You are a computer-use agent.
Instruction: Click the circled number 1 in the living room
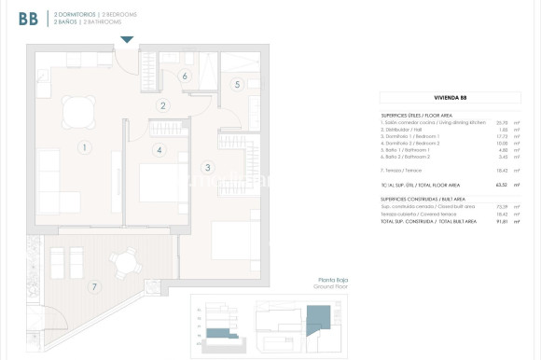[84, 147]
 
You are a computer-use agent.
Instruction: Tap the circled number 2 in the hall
[162, 105]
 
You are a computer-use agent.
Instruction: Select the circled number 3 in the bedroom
[208, 168]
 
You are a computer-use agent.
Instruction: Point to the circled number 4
[160, 149]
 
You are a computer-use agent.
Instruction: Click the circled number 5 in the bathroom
[237, 85]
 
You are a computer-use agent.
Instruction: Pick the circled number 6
[185, 76]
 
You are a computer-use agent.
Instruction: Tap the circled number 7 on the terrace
[93, 286]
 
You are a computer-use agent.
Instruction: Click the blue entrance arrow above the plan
[127, 38]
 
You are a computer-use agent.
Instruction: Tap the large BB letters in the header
[28, 19]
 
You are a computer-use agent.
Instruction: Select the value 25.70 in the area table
[502, 122]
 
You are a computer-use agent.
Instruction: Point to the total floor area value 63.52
[502, 186]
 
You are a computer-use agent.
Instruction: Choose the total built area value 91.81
[502, 221]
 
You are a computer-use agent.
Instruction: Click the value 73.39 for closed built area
[502, 206]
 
